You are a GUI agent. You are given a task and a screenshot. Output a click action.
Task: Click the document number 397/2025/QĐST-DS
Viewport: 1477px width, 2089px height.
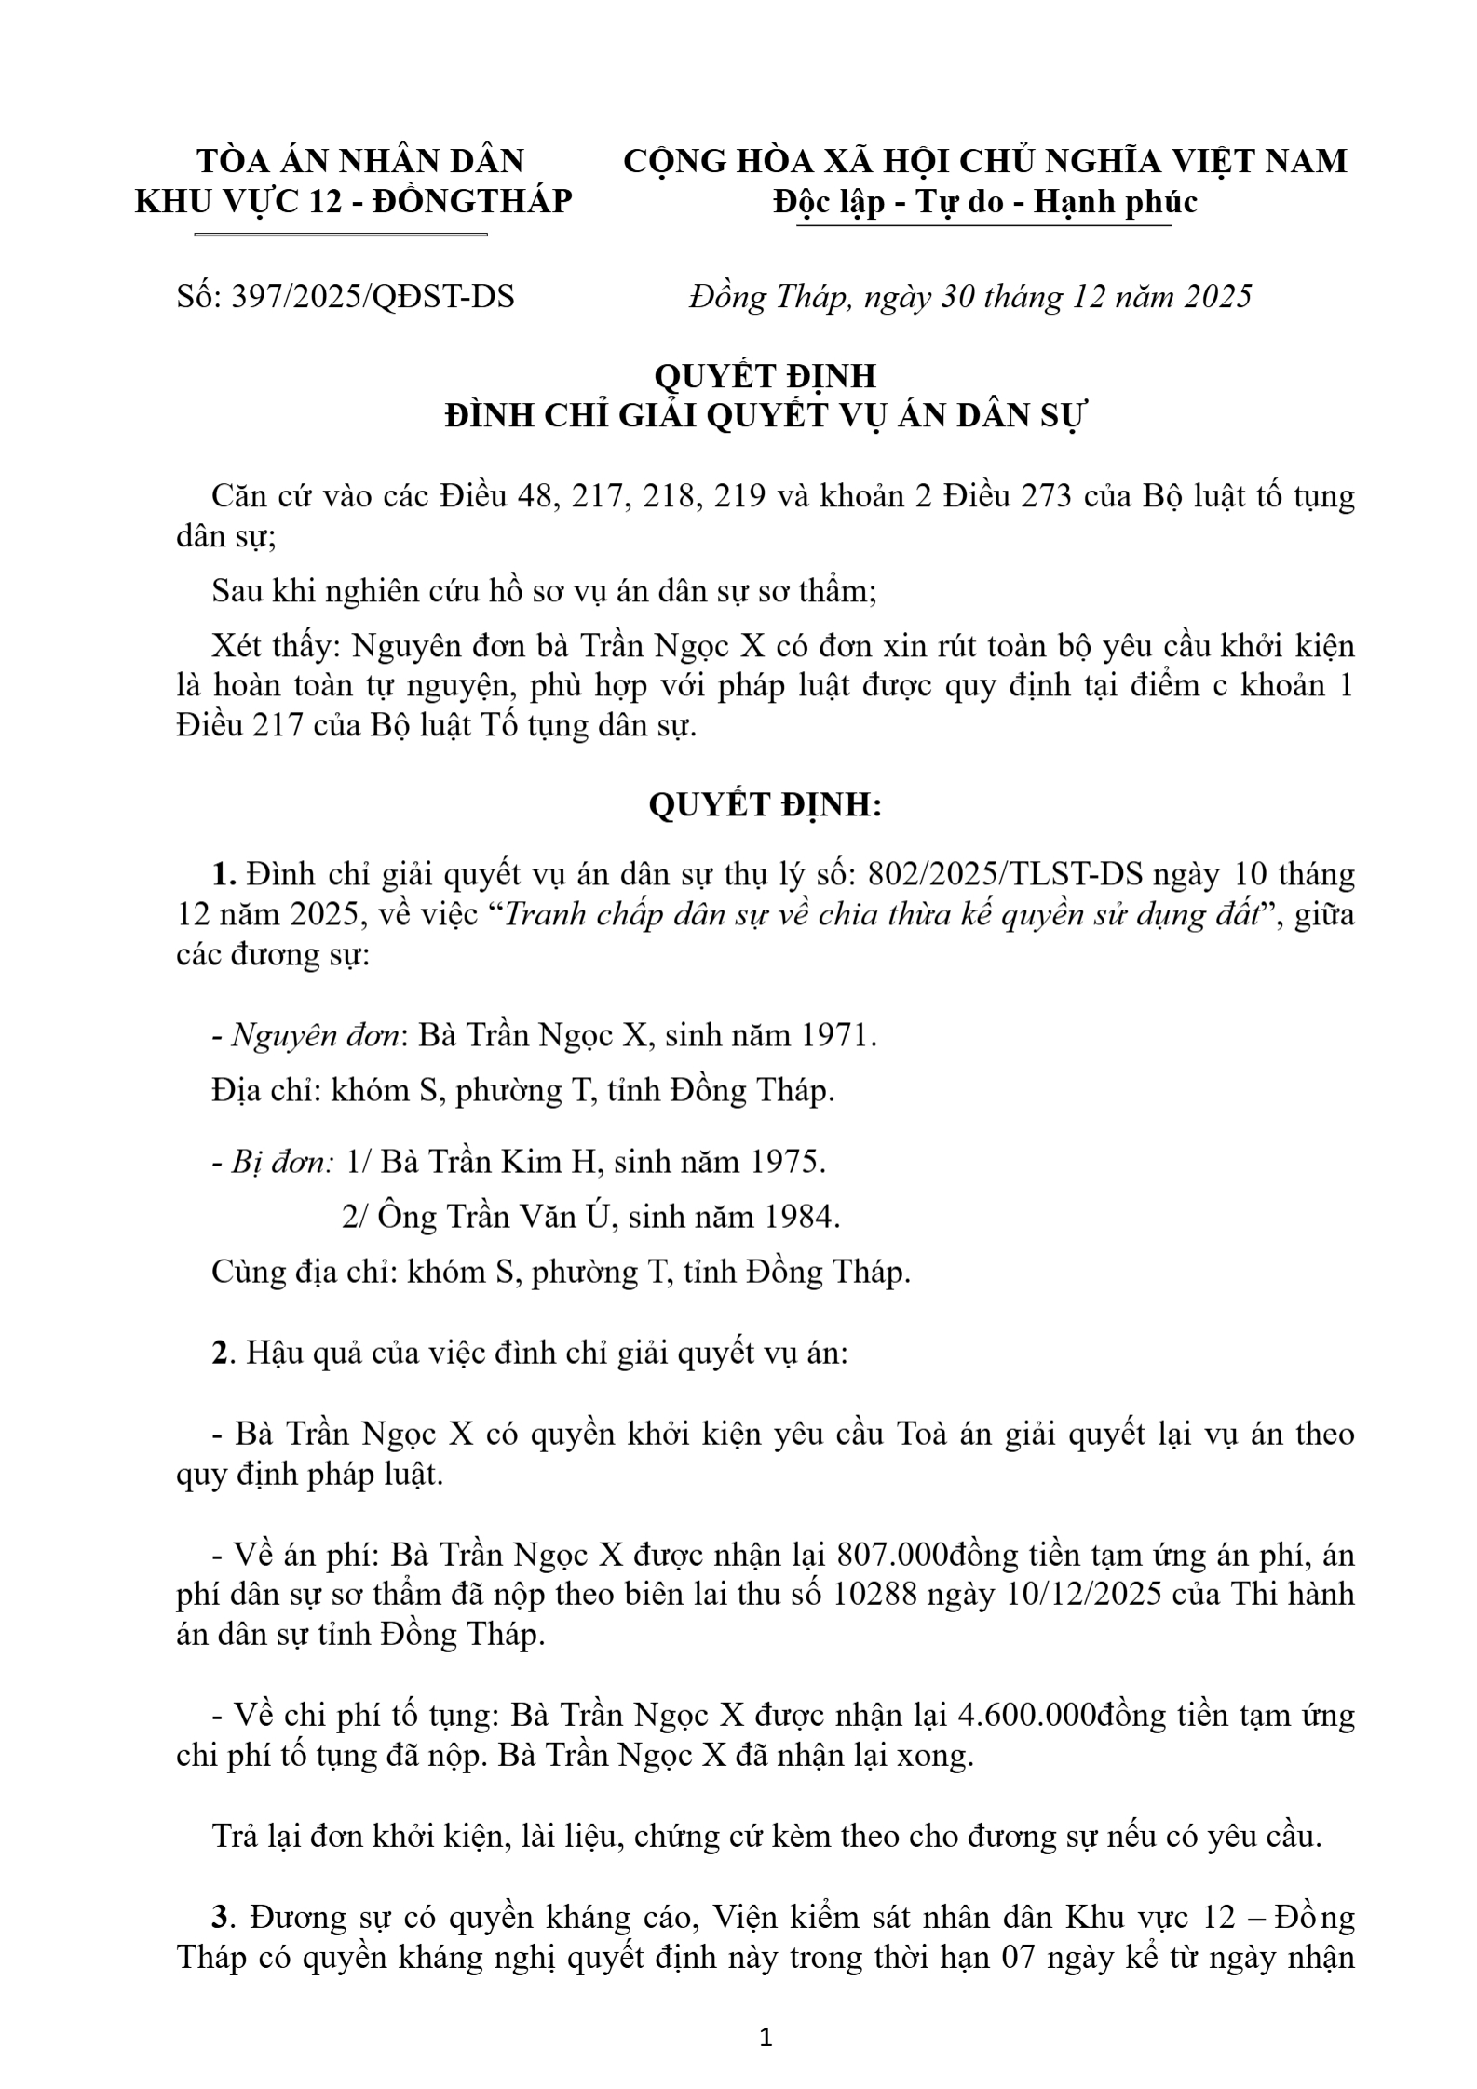[376, 297]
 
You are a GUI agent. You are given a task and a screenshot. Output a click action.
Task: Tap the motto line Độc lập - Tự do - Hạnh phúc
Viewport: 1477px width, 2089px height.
[984, 202]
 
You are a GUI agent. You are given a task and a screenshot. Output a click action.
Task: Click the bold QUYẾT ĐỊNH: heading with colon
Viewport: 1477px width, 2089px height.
[765, 805]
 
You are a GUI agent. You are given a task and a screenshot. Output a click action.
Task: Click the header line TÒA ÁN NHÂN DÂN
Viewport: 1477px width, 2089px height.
[360, 161]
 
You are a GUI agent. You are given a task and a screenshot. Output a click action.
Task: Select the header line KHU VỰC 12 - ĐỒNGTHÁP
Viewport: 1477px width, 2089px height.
[354, 202]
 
